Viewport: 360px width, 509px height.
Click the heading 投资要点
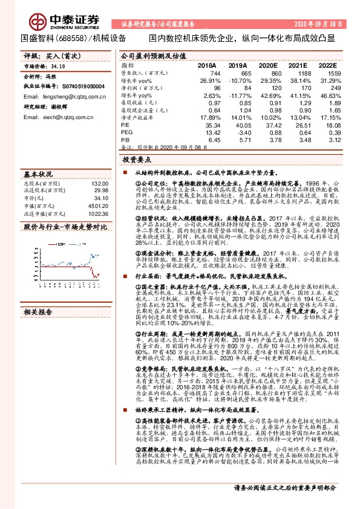[136, 161]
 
